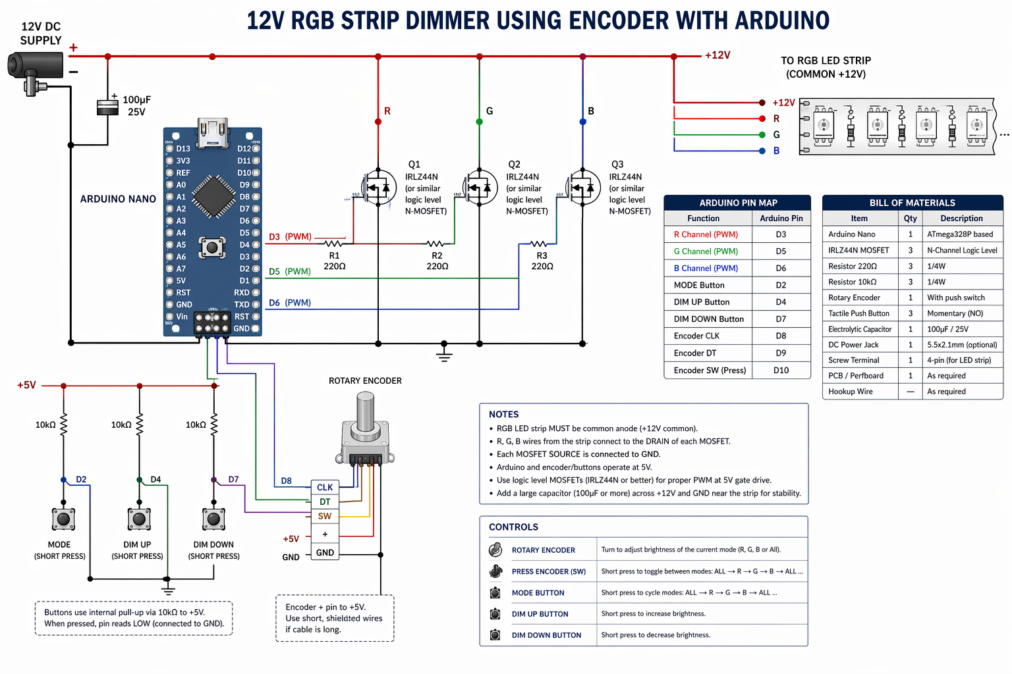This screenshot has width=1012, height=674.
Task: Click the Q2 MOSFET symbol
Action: click(480, 188)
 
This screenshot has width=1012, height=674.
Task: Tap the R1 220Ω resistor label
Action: click(335, 261)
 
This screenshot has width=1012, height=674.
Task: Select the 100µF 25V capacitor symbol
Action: click(107, 107)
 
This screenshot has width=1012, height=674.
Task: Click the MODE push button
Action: click(63, 519)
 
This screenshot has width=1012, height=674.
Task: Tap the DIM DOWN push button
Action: click(213, 519)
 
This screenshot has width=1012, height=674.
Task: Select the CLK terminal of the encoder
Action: click(325, 488)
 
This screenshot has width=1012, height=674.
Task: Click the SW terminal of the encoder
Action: click(325, 516)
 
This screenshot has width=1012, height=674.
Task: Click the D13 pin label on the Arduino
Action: click(183, 149)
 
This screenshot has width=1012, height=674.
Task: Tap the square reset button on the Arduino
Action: click(212, 247)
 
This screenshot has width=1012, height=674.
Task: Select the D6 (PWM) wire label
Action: click(290, 303)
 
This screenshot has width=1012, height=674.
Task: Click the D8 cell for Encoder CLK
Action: click(781, 336)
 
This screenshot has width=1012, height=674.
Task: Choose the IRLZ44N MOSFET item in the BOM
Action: click(858, 250)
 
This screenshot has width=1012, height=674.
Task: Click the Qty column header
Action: click(911, 219)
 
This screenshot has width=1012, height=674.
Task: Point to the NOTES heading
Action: click(504, 415)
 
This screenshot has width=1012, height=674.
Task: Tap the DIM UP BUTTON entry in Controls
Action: click(540, 614)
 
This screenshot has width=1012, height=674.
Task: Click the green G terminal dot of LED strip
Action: click(762, 134)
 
